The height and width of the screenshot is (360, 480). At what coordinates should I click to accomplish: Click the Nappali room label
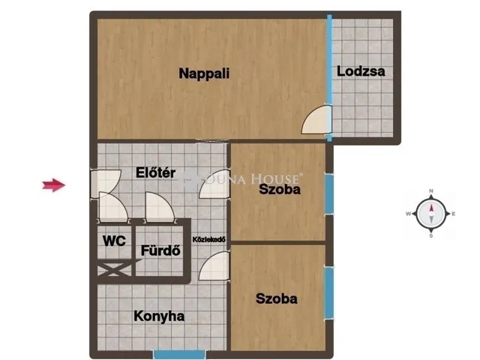click(x=204, y=73)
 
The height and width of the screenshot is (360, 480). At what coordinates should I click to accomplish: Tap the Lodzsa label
click(x=361, y=72)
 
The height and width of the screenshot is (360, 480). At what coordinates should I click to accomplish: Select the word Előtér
click(x=155, y=173)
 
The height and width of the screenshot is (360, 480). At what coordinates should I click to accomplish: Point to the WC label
click(x=114, y=241)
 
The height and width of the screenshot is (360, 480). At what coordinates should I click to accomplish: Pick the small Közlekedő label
click(x=210, y=239)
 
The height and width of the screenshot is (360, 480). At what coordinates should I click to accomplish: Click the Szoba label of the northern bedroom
click(x=280, y=190)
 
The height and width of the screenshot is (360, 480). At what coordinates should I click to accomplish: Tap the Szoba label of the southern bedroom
click(x=276, y=298)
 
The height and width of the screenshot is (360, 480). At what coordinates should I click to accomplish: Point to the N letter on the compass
click(x=431, y=192)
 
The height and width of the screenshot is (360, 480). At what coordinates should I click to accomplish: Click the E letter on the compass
click(x=454, y=214)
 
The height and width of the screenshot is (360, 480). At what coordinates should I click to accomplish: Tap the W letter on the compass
click(x=408, y=214)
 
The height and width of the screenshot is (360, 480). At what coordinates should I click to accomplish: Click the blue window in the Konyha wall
click(x=178, y=353)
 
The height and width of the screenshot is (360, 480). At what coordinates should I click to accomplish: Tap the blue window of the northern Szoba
click(x=328, y=194)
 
